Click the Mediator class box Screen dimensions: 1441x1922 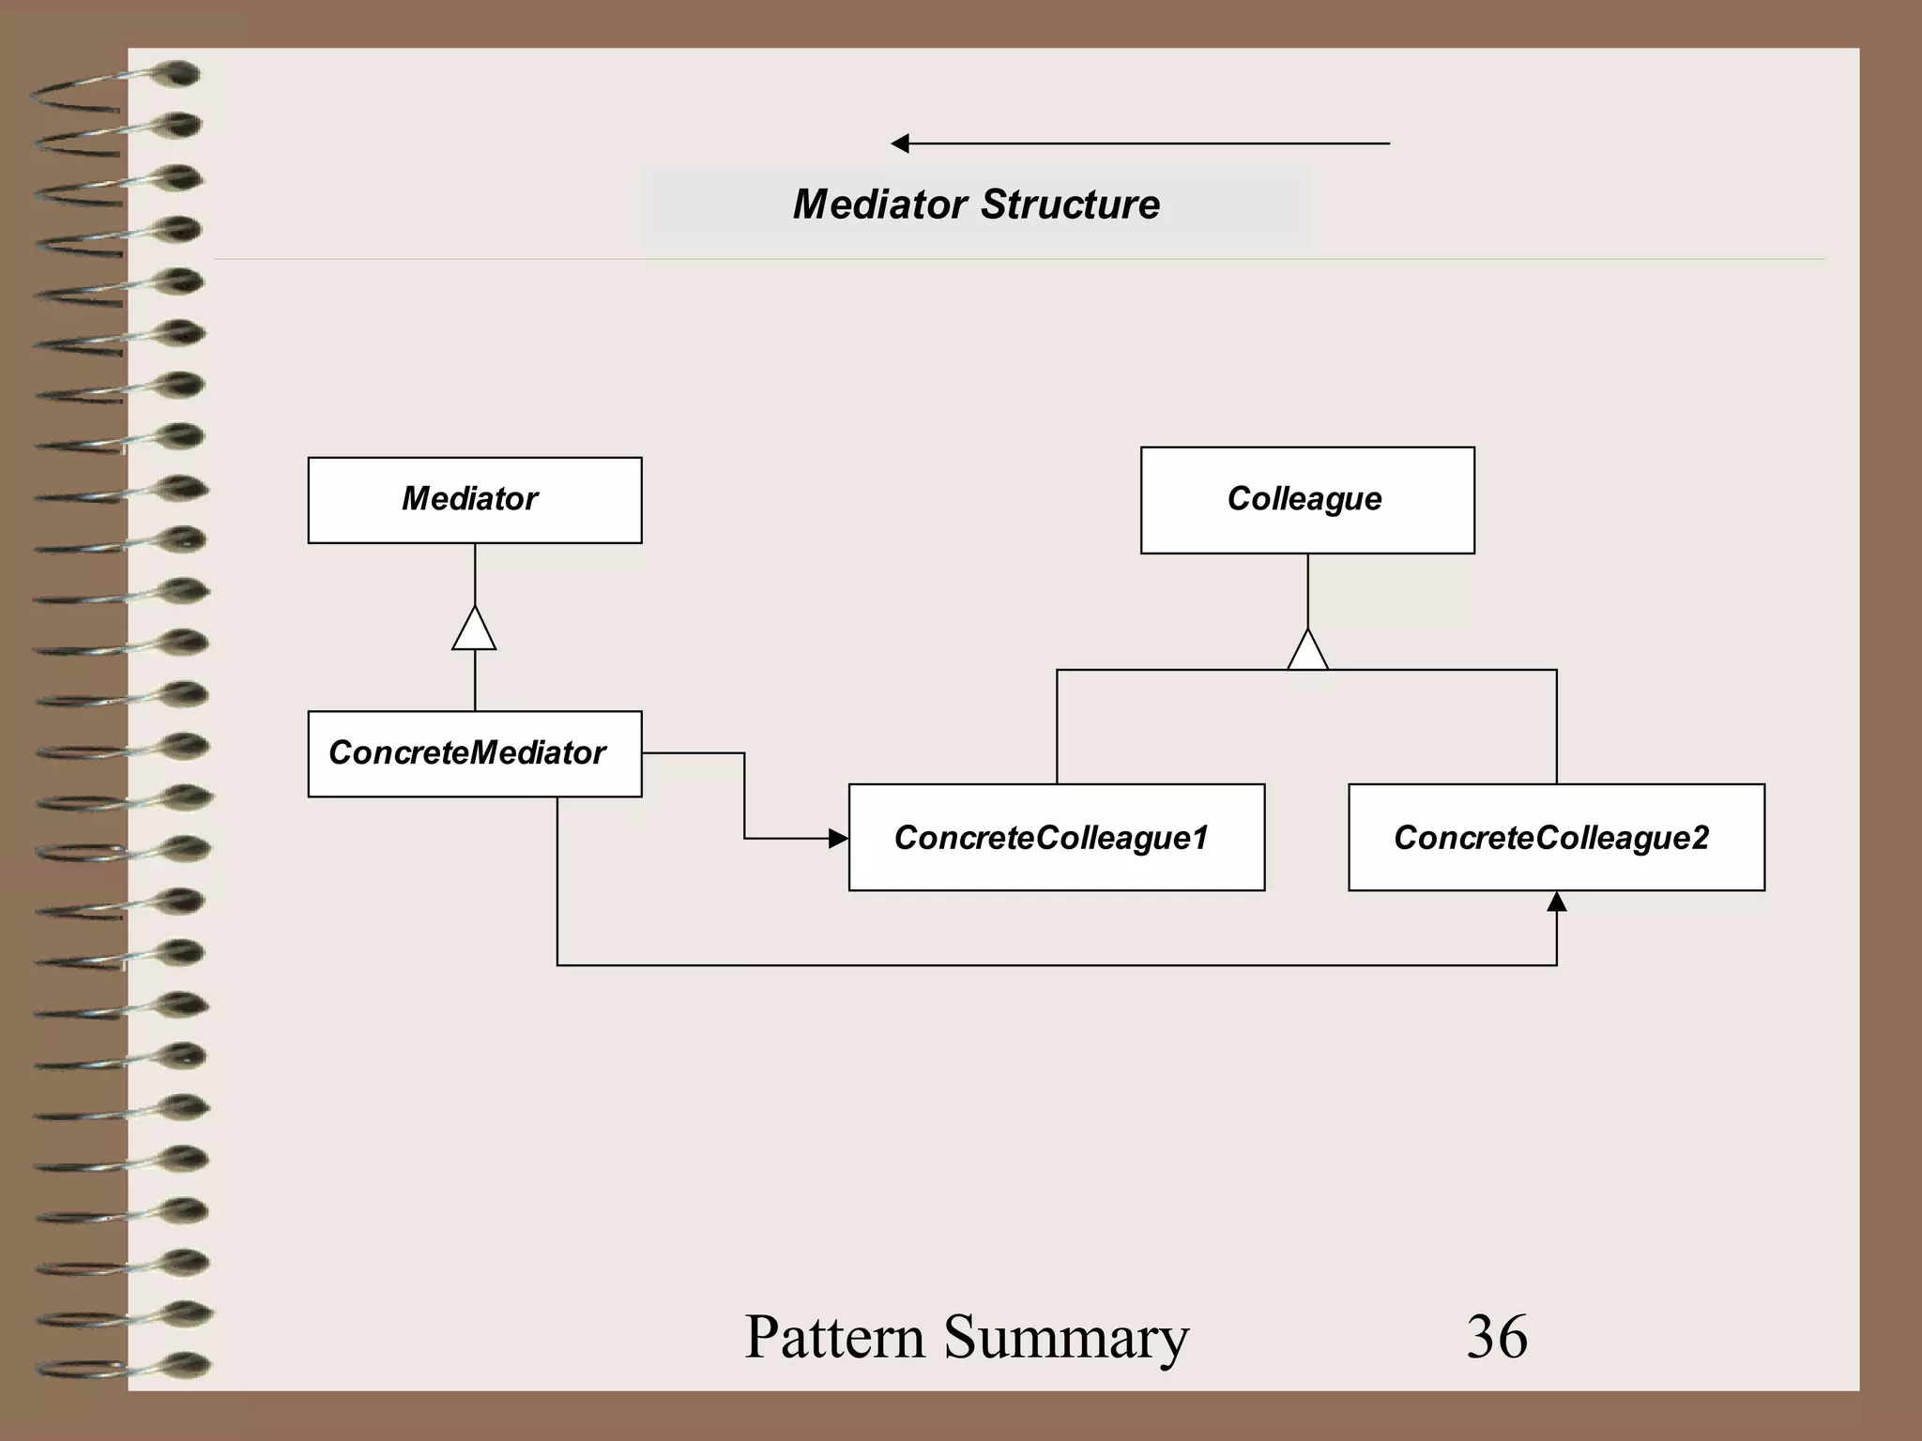pos(475,500)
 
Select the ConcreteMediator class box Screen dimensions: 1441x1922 pos(475,753)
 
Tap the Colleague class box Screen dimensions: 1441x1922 pos(1307,500)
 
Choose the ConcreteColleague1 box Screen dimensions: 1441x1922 pos(1057,837)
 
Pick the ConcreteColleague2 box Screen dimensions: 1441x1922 pos(1556,837)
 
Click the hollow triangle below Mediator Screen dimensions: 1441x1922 pos(474,630)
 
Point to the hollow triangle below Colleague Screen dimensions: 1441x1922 pos(1307,651)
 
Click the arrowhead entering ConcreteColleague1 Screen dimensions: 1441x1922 pos(838,838)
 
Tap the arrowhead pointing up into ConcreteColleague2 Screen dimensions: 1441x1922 pos(1557,902)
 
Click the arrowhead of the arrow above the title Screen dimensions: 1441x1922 pos(900,144)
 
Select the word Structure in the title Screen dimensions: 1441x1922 pos(1071,205)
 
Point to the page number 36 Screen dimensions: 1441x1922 pos(1497,1336)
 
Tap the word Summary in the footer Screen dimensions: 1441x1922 pos(1066,1336)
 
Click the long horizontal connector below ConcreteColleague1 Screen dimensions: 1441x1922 pos(1057,964)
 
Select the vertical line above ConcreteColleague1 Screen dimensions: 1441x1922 pos(1057,727)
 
